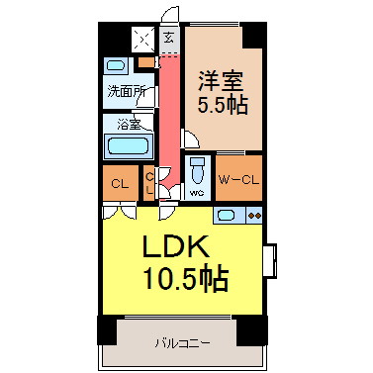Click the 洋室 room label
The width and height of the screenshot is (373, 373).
[x=221, y=81]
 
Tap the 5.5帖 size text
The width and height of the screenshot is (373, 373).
[x=223, y=105]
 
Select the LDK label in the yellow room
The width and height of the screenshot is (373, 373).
[x=175, y=246]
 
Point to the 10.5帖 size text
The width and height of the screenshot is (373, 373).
[x=186, y=277]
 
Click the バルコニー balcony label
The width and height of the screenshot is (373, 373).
[x=182, y=344]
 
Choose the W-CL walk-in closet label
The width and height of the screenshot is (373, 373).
[x=238, y=180]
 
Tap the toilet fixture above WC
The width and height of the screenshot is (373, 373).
[x=198, y=170]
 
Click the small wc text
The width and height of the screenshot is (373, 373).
[x=197, y=193]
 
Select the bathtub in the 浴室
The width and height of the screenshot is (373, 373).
[x=127, y=145]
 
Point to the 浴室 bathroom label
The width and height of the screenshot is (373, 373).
[x=129, y=125]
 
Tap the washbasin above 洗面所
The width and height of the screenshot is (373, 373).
[x=116, y=65]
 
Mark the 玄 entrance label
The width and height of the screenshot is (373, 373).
[x=169, y=38]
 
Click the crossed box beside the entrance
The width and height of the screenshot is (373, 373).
[x=143, y=40]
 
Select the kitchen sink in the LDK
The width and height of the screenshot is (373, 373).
[x=226, y=216]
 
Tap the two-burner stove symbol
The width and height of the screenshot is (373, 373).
[x=255, y=216]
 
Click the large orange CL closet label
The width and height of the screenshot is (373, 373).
[x=120, y=184]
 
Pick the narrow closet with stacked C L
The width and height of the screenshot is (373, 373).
[x=149, y=183]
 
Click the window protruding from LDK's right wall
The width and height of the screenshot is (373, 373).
[x=270, y=261]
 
